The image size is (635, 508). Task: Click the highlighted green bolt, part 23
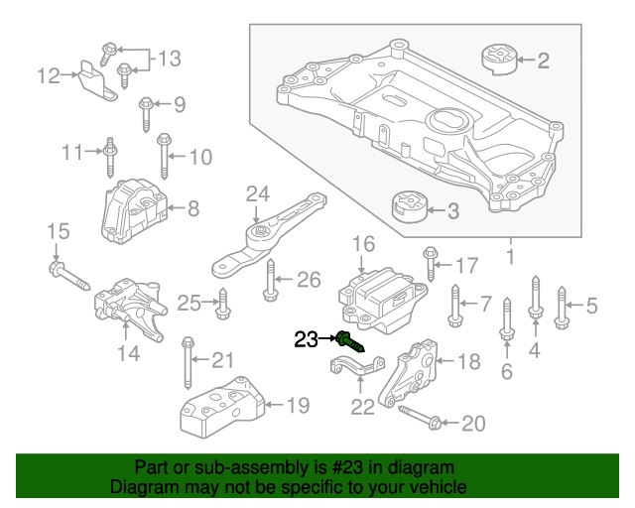(x=350, y=342)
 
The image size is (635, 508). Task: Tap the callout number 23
(x=307, y=340)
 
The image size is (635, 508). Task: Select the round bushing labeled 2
(x=502, y=60)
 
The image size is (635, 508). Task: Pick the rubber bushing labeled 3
(x=406, y=208)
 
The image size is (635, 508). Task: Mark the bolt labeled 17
(x=429, y=263)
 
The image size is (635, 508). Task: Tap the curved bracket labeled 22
(x=356, y=378)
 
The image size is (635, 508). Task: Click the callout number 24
(x=257, y=192)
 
